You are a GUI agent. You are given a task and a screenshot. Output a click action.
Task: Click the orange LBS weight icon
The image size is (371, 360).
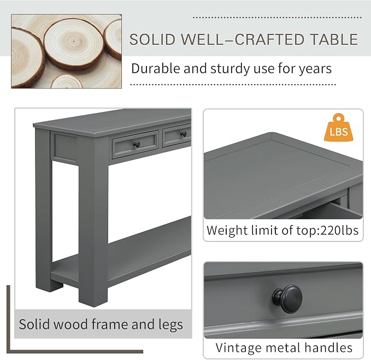339,128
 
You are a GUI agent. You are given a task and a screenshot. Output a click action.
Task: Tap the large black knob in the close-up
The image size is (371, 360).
287,299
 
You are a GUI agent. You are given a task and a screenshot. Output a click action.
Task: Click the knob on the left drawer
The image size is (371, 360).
137,144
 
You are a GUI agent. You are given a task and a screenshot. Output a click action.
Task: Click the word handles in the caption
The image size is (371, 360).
328,347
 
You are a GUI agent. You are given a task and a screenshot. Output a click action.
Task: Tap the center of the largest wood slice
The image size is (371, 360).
74,42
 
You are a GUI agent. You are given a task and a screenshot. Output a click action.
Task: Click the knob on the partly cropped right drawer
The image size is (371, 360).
184,134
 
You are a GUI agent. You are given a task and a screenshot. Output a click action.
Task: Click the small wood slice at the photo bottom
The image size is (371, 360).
67,82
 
